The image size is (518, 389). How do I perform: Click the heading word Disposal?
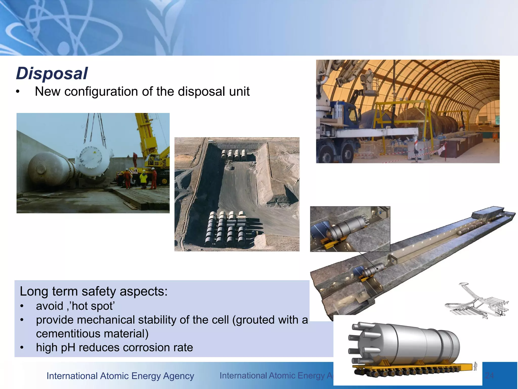click(x=52, y=73)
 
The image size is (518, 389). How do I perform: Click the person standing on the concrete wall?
click(x=135, y=160)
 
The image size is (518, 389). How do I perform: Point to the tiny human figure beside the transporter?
click(x=475, y=366)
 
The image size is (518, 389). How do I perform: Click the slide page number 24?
click(x=489, y=375)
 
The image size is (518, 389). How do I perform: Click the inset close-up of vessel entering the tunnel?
click(x=350, y=229)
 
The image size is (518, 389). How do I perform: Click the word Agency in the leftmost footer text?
click(x=178, y=376)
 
